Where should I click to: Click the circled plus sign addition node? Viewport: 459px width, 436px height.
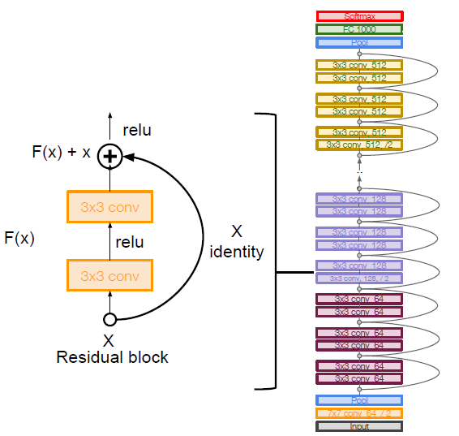[x=109, y=156]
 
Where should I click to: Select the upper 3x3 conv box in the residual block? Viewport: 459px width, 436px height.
[x=109, y=208]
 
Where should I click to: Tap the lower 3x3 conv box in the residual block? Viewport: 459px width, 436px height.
[x=109, y=275]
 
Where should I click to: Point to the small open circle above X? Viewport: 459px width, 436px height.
[x=109, y=319]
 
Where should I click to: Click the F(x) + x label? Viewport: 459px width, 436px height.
[x=61, y=152]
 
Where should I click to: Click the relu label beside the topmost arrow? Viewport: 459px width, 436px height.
[x=136, y=130]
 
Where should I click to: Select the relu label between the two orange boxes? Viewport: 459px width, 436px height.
[x=129, y=242]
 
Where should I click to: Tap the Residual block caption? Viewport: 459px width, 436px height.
[x=112, y=356]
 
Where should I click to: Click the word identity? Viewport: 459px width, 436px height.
[x=237, y=252]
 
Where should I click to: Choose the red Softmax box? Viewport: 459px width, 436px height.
[x=359, y=16]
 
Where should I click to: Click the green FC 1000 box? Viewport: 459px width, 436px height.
[x=359, y=29]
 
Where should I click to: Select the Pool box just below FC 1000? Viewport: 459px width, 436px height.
[x=359, y=42]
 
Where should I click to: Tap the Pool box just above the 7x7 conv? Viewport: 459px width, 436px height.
[x=359, y=399]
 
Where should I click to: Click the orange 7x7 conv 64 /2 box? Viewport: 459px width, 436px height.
[x=359, y=412]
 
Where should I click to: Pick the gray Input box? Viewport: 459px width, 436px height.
[x=359, y=425]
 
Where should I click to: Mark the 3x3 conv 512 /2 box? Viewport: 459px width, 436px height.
[x=359, y=145]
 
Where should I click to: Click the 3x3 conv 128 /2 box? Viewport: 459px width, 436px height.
[x=359, y=278]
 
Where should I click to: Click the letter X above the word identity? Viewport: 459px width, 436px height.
[x=237, y=231]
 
